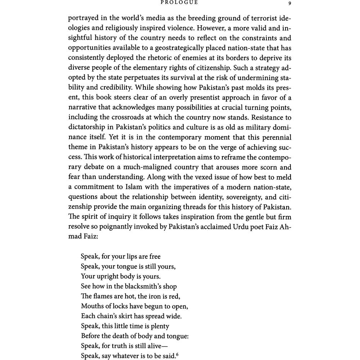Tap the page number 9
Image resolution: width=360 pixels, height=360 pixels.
coord(290,3)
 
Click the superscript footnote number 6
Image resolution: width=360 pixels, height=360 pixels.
coord(177,355)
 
